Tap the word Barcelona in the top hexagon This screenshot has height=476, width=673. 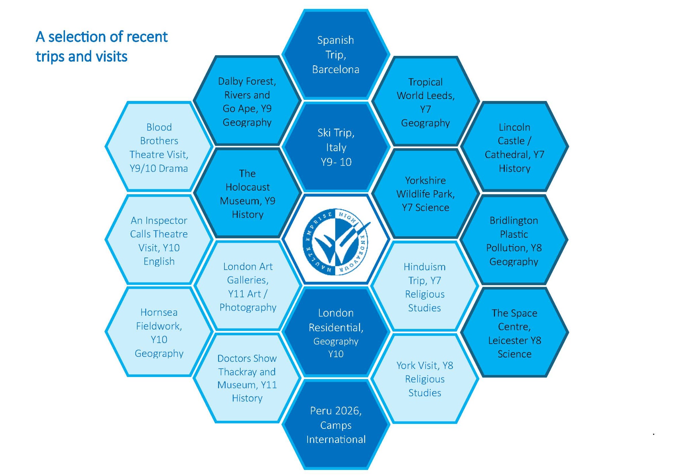335,69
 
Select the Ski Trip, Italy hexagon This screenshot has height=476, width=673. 336,147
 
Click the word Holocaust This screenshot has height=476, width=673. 248,187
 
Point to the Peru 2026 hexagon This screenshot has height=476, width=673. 335,425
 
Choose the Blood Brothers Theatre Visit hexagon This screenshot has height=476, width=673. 159,147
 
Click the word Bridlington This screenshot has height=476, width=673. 514,220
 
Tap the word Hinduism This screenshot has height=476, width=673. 425,267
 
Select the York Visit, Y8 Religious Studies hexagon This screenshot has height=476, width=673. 425,379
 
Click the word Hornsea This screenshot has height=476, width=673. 159,312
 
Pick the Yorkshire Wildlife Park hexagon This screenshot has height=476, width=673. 425,194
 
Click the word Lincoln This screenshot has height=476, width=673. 515,127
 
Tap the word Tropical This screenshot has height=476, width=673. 425,82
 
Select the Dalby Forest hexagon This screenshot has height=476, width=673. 247,101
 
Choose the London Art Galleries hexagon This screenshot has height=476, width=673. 248,286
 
